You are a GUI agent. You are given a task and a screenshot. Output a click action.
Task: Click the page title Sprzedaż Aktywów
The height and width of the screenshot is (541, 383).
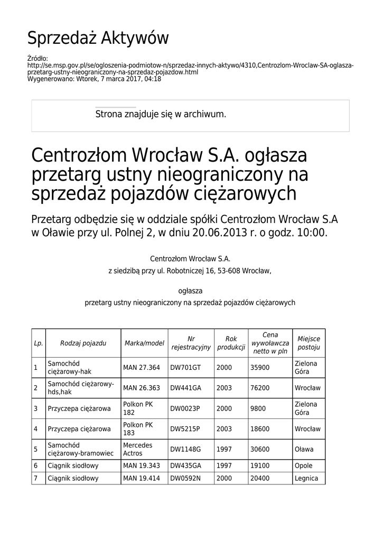tap(98, 38)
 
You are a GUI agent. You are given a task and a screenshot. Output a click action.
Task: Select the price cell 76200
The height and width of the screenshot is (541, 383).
tap(260, 388)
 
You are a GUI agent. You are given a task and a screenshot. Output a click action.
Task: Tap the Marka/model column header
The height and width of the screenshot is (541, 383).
tap(144, 343)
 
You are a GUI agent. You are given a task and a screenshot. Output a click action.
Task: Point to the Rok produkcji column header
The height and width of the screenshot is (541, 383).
tap(231, 343)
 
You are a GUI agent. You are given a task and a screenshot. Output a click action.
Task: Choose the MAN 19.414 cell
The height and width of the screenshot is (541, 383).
tap(141, 478)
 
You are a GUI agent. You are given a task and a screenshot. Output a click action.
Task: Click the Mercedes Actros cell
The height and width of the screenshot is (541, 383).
tap(137, 449)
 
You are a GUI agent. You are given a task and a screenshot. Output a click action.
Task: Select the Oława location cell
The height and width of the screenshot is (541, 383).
tap(304, 449)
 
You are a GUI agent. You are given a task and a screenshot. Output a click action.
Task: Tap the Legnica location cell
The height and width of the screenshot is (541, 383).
tap(306, 478)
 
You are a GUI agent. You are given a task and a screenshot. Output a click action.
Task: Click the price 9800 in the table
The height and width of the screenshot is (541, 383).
tap(257, 408)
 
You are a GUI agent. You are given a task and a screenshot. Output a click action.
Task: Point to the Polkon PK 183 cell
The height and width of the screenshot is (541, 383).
tap(138, 428)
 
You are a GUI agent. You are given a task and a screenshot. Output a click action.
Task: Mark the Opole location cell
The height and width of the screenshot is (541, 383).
tap(303, 465)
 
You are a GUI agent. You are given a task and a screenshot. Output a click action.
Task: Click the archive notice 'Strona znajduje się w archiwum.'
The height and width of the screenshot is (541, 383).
tap(161, 114)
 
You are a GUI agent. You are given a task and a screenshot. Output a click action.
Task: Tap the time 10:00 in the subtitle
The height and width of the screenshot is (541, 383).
tap(312, 232)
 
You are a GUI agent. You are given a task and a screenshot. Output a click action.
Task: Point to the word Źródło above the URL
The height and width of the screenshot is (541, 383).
tap(37, 58)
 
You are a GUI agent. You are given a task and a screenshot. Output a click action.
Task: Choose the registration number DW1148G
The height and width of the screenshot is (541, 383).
tap(185, 449)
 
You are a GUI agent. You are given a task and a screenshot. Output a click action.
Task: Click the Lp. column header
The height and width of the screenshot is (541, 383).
tap(38, 343)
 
